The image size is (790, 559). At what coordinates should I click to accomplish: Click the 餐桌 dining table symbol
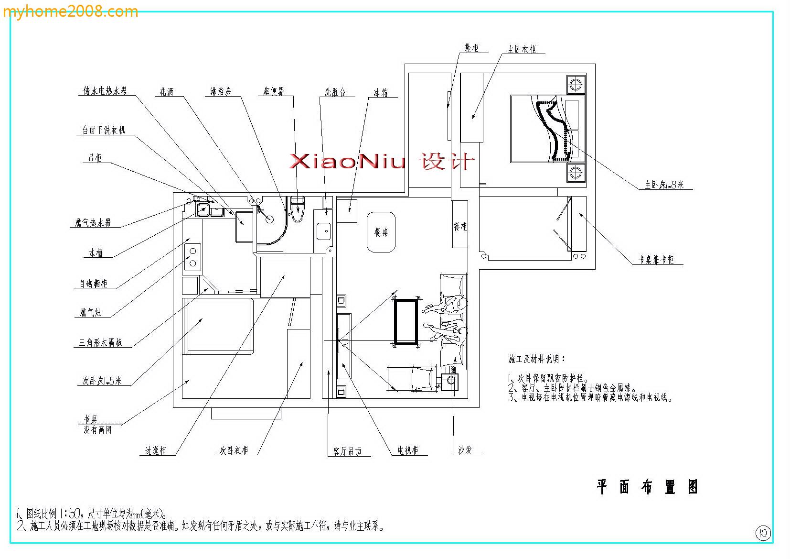click(x=381, y=232)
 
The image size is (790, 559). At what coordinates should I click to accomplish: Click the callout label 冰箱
click(x=381, y=93)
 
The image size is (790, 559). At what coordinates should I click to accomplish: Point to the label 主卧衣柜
click(x=522, y=49)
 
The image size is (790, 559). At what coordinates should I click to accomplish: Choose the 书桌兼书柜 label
click(x=656, y=260)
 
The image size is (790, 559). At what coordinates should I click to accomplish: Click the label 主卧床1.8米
click(x=664, y=185)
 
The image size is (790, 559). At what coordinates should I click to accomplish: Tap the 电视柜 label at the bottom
click(x=408, y=450)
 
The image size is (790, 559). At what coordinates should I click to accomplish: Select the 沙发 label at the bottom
click(x=465, y=450)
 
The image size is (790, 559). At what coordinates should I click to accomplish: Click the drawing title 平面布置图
click(x=647, y=487)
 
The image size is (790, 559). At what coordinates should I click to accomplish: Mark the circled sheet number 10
click(x=763, y=533)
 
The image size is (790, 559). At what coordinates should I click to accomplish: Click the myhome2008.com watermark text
click(x=70, y=11)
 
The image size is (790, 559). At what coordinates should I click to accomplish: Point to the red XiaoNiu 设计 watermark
click(x=382, y=162)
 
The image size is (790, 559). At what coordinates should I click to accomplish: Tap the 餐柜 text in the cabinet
click(x=460, y=226)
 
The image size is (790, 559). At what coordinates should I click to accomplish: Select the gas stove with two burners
click(x=193, y=257)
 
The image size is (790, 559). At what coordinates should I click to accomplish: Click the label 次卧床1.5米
click(x=102, y=381)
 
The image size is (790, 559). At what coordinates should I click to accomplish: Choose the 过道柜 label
click(x=156, y=450)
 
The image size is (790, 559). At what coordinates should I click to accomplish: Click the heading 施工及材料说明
click(x=536, y=359)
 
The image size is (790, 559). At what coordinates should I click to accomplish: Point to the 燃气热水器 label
click(x=93, y=222)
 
